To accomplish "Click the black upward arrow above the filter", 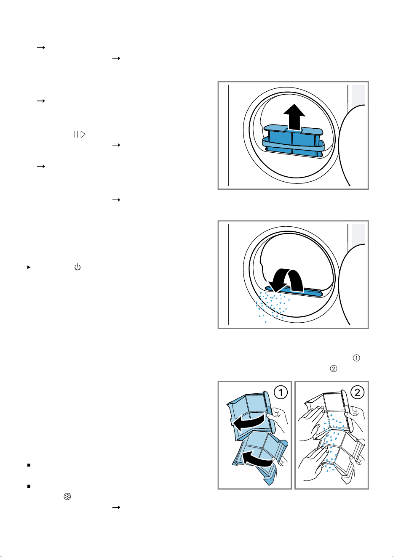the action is (x=294, y=117).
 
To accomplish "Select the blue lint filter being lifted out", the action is (x=293, y=141).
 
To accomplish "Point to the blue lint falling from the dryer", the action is (x=272, y=307).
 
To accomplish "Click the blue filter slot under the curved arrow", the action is (x=294, y=291).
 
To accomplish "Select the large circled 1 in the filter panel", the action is (x=281, y=393).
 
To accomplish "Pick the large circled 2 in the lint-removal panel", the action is (x=357, y=393).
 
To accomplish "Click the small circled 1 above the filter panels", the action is (x=356, y=358).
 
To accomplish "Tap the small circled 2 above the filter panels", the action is (x=334, y=369).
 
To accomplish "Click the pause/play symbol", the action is (x=80, y=134).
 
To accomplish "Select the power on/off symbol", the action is (x=78, y=267).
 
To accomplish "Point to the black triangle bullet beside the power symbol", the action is (x=29, y=267).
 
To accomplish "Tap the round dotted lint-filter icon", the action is (x=67, y=496).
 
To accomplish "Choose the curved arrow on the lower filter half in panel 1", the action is (x=257, y=458).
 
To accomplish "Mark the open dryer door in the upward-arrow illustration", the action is (x=353, y=146).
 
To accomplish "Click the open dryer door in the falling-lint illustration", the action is (x=353, y=285).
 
